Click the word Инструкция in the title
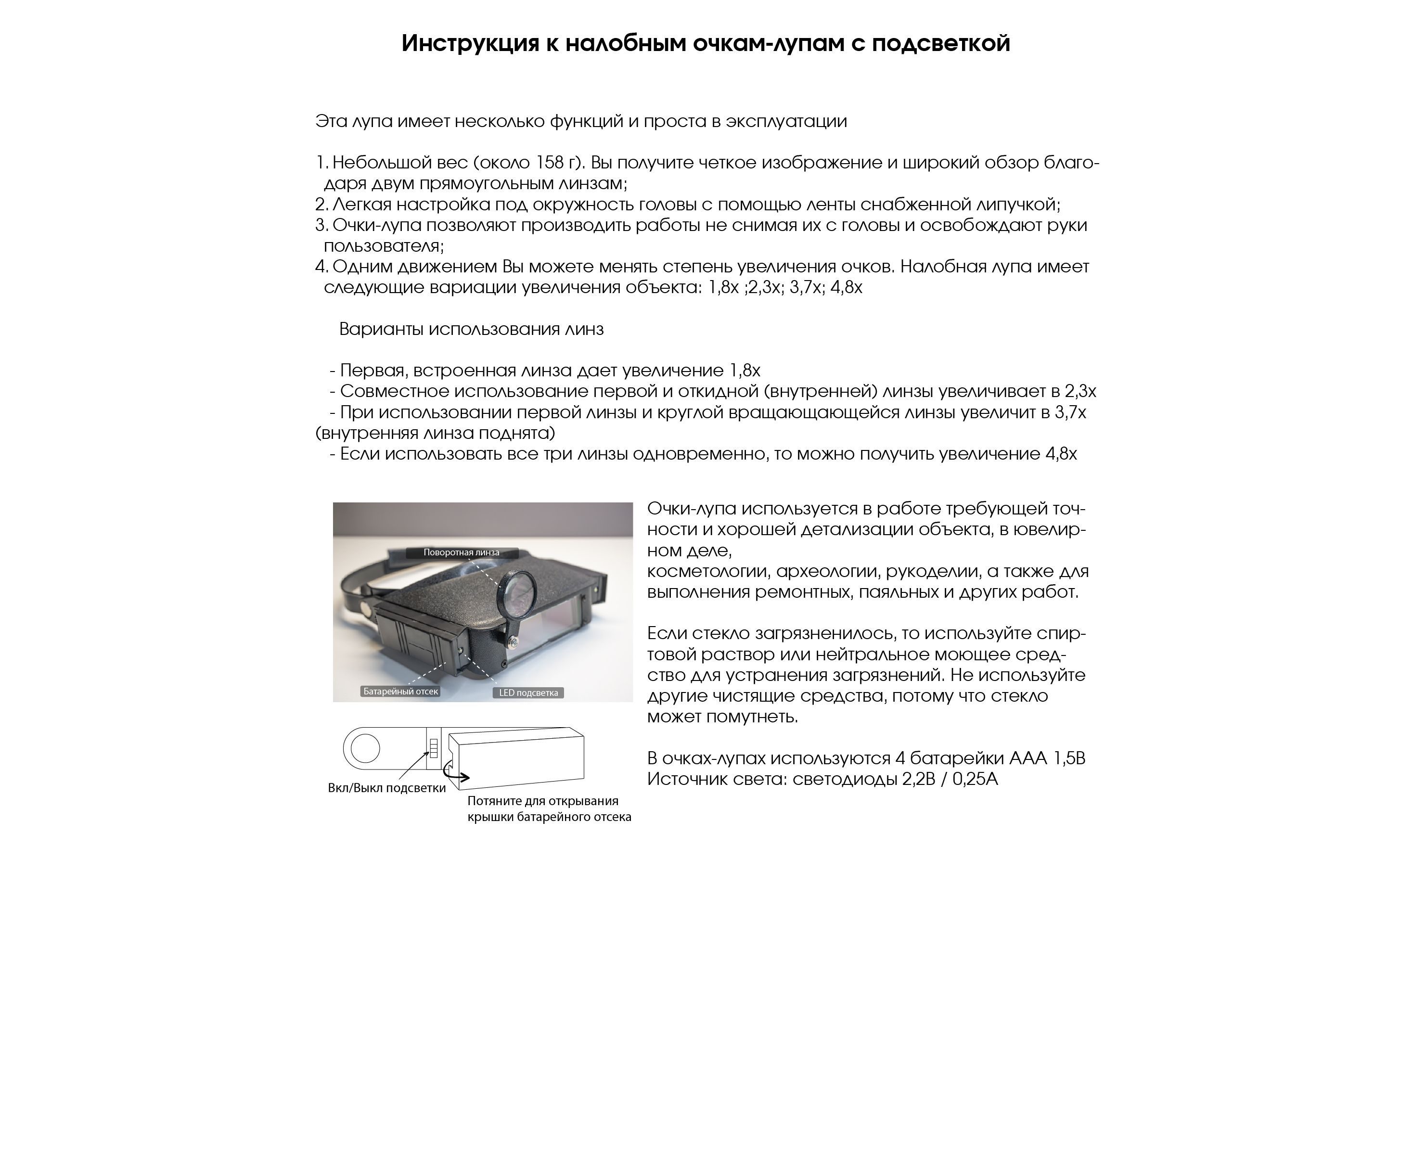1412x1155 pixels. [470, 44]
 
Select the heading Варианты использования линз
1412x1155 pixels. [471, 329]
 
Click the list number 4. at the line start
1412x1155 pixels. [322, 267]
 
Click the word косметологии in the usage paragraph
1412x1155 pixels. [708, 571]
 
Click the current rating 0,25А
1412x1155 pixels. [975, 779]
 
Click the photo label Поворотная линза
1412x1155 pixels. [461, 552]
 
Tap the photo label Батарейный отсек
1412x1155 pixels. [400, 691]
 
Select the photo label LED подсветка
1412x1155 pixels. [528, 693]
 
